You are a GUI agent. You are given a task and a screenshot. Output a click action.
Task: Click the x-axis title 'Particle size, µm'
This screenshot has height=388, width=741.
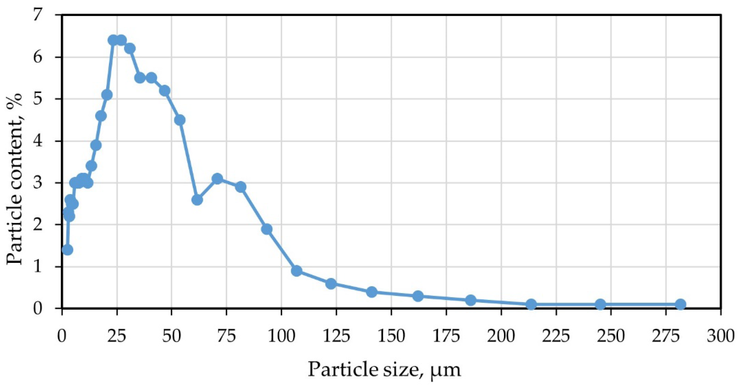click(384, 369)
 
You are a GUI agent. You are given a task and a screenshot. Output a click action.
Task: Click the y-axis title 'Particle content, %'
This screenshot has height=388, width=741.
click(15, 179)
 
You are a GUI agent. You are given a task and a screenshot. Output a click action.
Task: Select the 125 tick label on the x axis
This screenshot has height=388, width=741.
click(336, 336)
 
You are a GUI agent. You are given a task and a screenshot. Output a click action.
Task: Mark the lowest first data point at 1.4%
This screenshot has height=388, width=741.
click(67, 250)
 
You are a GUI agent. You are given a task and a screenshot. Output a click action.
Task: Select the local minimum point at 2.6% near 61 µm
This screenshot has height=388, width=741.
click(197, 200)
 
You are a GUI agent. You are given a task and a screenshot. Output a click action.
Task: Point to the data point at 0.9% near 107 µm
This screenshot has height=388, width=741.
click(297, 271)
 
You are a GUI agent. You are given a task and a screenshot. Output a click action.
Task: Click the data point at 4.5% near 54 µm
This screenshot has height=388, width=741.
click(180, 120)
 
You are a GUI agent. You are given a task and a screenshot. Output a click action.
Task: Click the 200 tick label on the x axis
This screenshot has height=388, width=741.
click(501, 336)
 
